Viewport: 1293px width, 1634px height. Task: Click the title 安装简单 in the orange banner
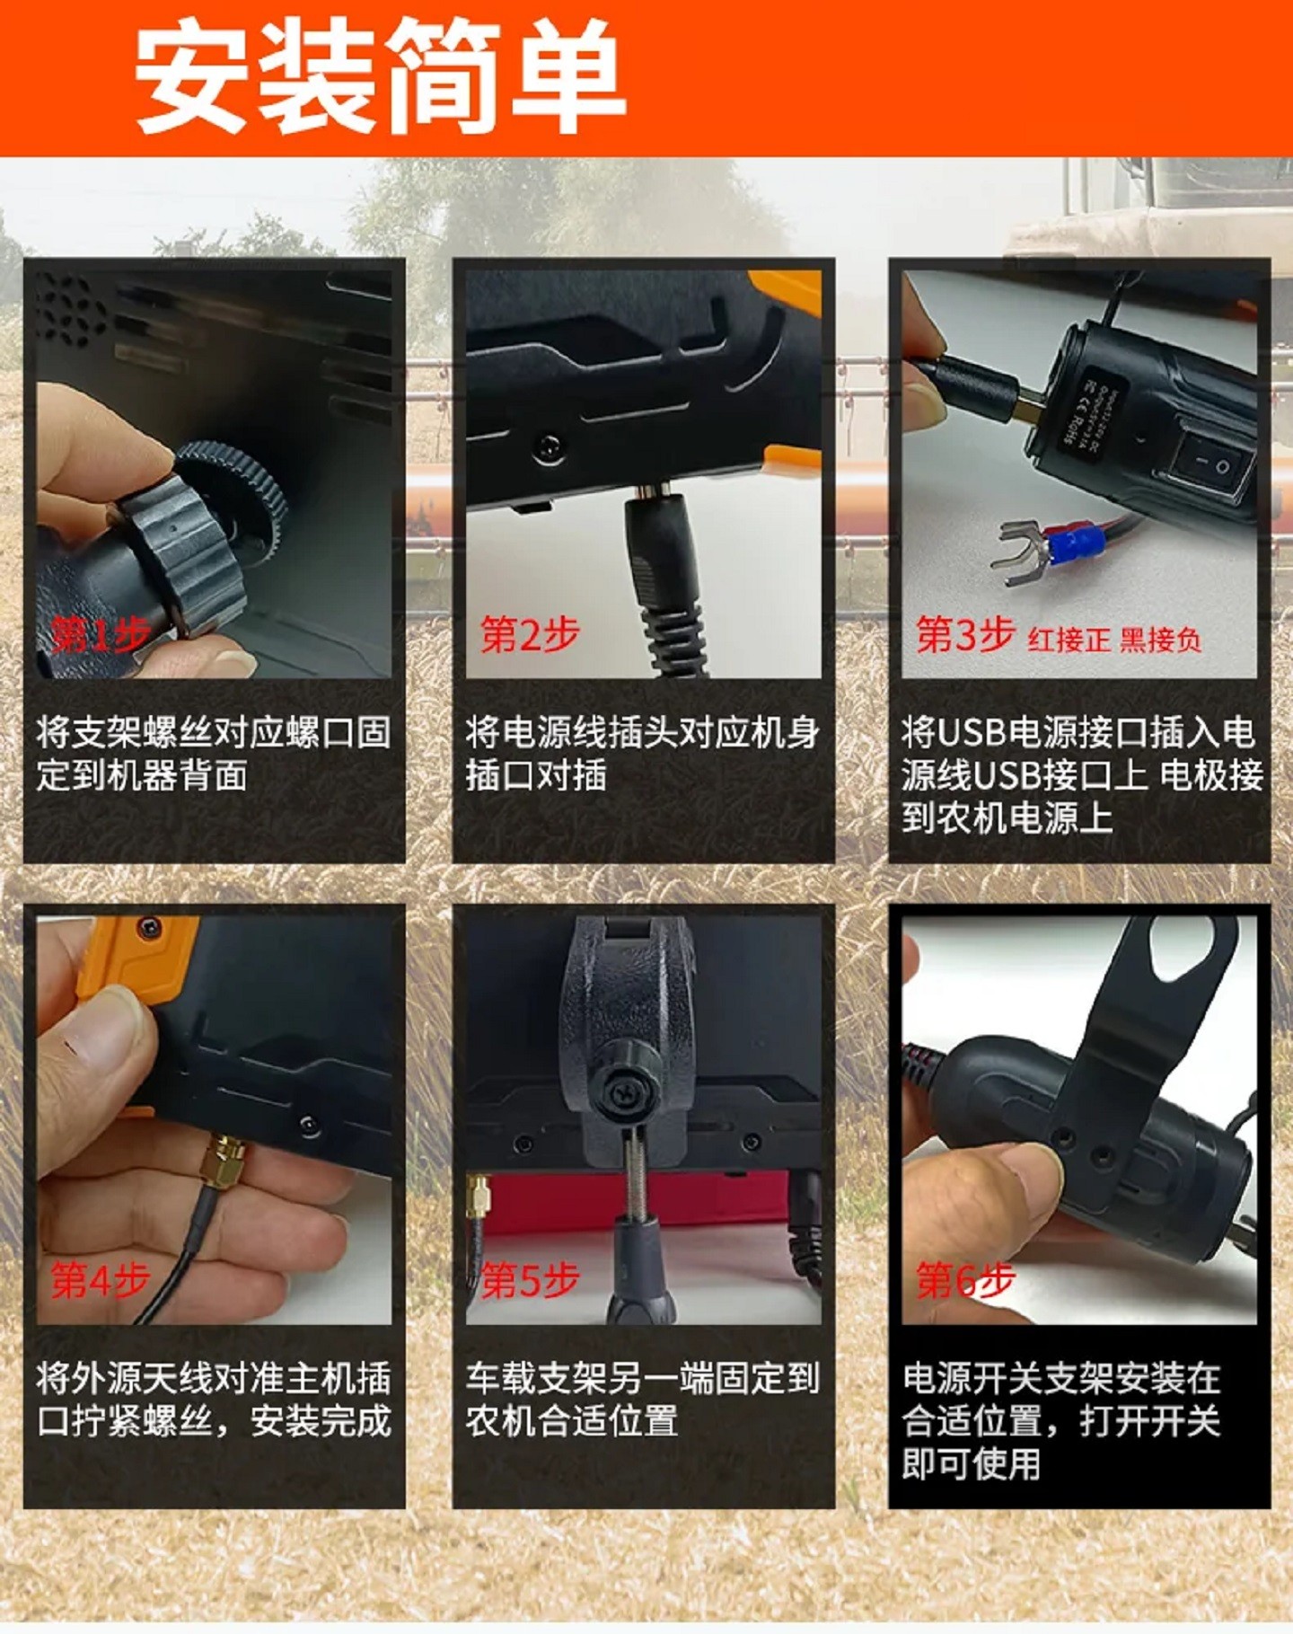[x=379, y=77]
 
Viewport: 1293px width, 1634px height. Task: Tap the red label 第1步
[x=100, y=635]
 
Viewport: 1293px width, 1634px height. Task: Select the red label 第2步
[x=530, y=634]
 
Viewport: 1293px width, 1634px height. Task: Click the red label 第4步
[x=100, y=1279]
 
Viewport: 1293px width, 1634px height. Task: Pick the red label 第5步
[x=530, y=1279]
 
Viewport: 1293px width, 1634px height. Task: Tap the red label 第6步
[x=964, y=1279]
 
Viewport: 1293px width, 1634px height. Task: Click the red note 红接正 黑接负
[x=1114, y=640]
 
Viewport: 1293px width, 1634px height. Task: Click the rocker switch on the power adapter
[x=1212, y=464]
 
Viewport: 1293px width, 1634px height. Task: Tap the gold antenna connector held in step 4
[x=224, y=1160]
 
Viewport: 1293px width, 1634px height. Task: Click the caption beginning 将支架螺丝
[x=214, y=754]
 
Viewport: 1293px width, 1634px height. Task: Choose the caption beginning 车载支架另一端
[x=642, y=1399]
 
